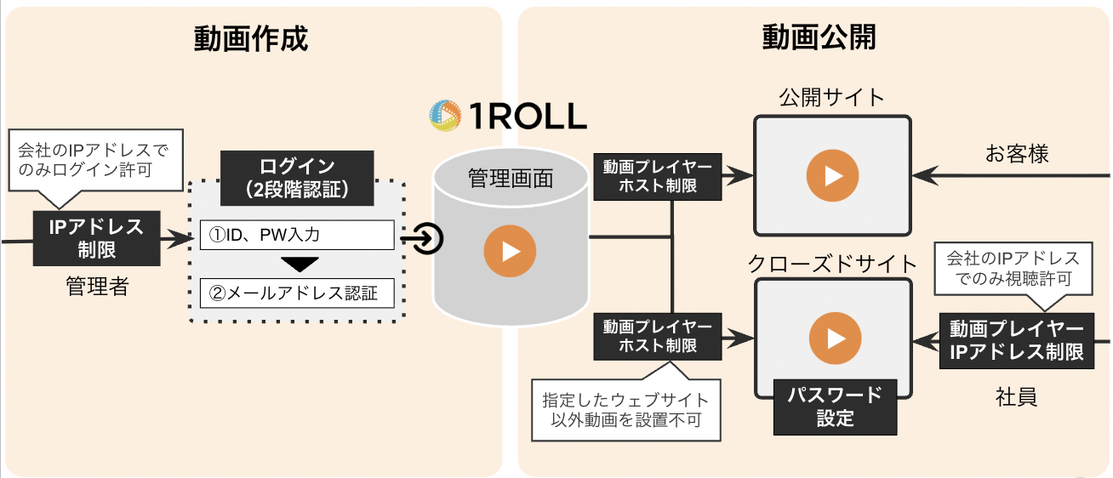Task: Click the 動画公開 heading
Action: [818, 38]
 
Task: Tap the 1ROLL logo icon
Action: [445, 115]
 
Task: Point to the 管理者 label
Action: [97, 287]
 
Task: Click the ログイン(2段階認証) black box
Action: [297, 178]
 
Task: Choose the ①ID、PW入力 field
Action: [297, 235]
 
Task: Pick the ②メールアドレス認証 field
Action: [297, 293]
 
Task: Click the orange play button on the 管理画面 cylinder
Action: [510, 252]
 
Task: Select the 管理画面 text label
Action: [510, 179]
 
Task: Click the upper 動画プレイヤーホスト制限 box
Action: [658, 176]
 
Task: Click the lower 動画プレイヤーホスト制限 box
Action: [658, 336]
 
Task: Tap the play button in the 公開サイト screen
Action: [833, 175]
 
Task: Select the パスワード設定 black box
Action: [835, 407]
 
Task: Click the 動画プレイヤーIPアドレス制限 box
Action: [1016, 341]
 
